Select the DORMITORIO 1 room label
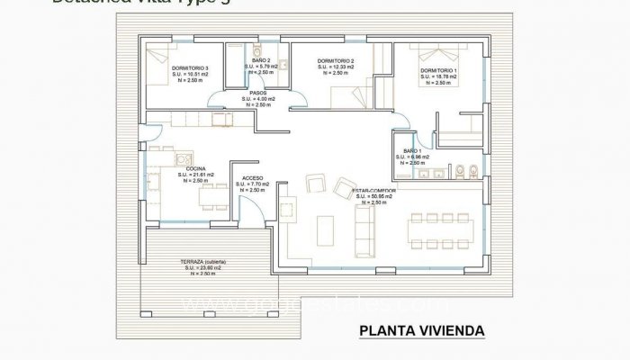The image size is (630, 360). click(x=437, y=70)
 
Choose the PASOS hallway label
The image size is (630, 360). click(x=257, y=92)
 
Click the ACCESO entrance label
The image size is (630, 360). click(x=253, y=179)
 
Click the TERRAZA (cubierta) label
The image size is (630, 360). click(x=203, y=260)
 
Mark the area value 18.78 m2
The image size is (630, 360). click(x=438, y=76)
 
